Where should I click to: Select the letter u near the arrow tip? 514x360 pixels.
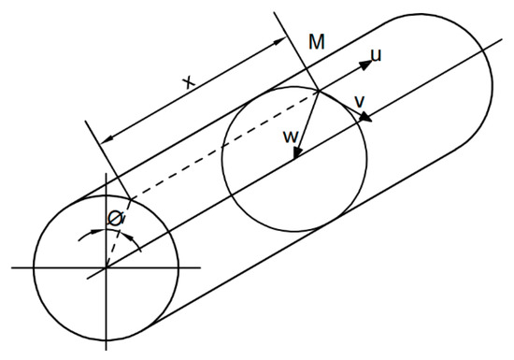377,55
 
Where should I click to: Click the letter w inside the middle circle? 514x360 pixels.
291,137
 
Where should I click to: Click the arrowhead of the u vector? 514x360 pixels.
365,63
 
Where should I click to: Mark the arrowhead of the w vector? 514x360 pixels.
294,155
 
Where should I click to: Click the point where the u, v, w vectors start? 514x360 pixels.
319,90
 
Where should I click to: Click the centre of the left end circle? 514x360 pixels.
106,267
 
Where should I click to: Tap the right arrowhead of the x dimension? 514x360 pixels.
282,41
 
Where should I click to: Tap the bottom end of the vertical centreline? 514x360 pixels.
106,348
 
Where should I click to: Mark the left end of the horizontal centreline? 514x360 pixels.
13,267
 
